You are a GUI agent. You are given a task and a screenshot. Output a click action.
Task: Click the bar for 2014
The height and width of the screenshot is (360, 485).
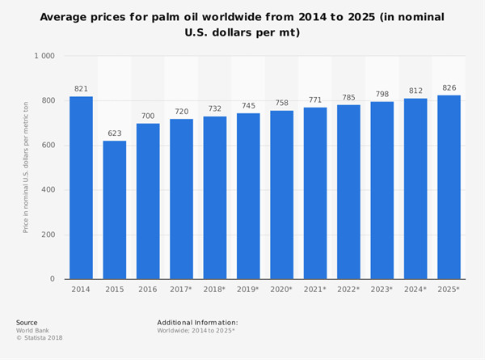tap(81, 188)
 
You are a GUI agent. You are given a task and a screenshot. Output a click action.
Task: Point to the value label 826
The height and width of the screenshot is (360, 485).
tap(449, 87)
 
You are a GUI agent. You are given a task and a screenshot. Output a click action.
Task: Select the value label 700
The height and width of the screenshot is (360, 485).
tap(148, 115)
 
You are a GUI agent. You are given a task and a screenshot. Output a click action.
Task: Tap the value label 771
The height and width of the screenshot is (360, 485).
tap(315, 100)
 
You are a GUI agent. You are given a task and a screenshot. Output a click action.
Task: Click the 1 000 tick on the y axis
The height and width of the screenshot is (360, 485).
tap(43, 57)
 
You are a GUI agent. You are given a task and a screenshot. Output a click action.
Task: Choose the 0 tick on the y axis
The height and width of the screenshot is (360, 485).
tap(51, 279)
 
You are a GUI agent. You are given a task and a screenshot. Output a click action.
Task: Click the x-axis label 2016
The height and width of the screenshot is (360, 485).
tap(148, 290)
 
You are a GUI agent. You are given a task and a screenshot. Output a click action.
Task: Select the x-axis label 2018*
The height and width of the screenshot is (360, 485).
tap(215, 290)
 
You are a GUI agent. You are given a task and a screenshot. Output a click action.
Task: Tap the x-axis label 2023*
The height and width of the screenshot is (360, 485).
tap(382, 290)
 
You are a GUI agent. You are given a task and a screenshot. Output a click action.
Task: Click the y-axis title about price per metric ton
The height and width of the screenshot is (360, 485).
tap(26, 167)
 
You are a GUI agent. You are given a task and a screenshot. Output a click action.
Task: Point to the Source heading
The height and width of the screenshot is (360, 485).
tap(27, 322)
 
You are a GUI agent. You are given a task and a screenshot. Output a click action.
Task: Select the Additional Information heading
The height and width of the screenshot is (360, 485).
tap(197, 322)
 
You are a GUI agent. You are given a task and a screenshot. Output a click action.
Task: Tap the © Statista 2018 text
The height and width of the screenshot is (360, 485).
tap(39, 337)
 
